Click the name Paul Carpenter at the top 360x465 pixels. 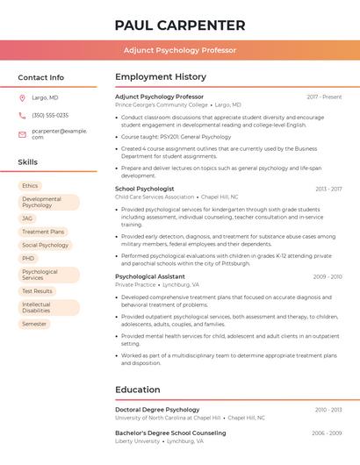[x=180, y=25]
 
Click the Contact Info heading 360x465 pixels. [x=41, y=77]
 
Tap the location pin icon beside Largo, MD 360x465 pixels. [x=22, y=97]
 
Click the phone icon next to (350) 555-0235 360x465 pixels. [x=22, y=115]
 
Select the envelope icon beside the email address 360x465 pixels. [x=22, y=133]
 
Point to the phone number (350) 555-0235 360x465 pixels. [x=50, y=115]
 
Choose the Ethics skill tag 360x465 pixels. [x=30, y=186]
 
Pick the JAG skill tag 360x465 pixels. [x=27, y=218]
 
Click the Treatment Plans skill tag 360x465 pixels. [x=43, y=232]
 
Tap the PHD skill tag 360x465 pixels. [x=28, y=259]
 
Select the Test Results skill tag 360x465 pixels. [x=37, y=291]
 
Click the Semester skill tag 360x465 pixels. [x=34, y=324]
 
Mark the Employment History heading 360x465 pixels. [x=161, y=77]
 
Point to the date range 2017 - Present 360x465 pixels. [x=324, y=97]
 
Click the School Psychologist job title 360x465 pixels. [x=145, y=189]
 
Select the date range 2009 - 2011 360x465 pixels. [x=328, y=276]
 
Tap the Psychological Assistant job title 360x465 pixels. [x=150, y=276]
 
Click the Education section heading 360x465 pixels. [x=138, y=390]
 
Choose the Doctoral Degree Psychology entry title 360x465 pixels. [x=157, y=410]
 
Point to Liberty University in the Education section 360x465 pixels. [x=138, y=441]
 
